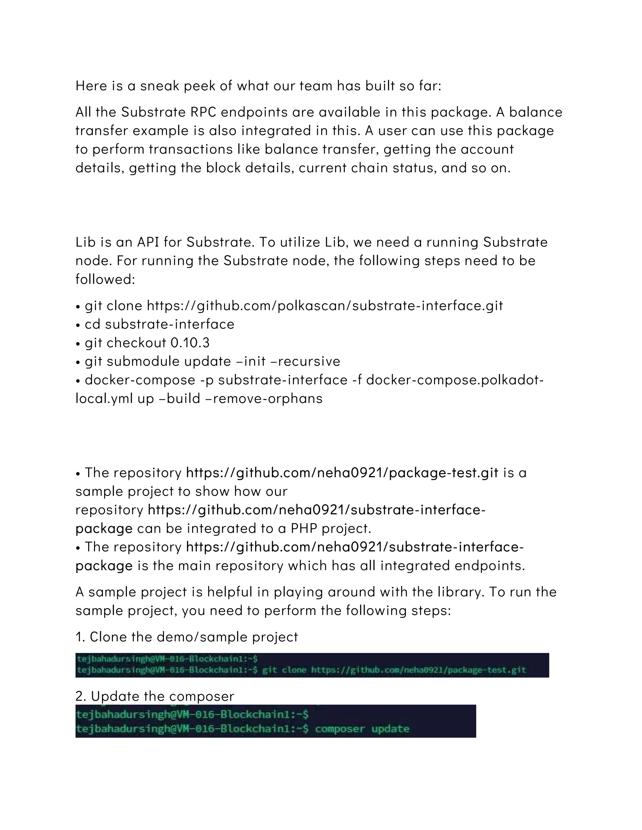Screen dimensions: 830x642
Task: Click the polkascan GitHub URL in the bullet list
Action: tap(325, 306)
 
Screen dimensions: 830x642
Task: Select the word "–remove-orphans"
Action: tap(267, 399)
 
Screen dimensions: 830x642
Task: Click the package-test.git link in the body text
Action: tap(342, 473)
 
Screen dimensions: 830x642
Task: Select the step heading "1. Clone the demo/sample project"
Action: tap(187, 637)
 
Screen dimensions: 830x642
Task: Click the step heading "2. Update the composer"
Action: tap(155, 697)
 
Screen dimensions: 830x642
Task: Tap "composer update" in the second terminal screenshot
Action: tap(362, 729)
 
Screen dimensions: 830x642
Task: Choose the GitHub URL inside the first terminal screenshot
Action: tap(419, 670)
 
